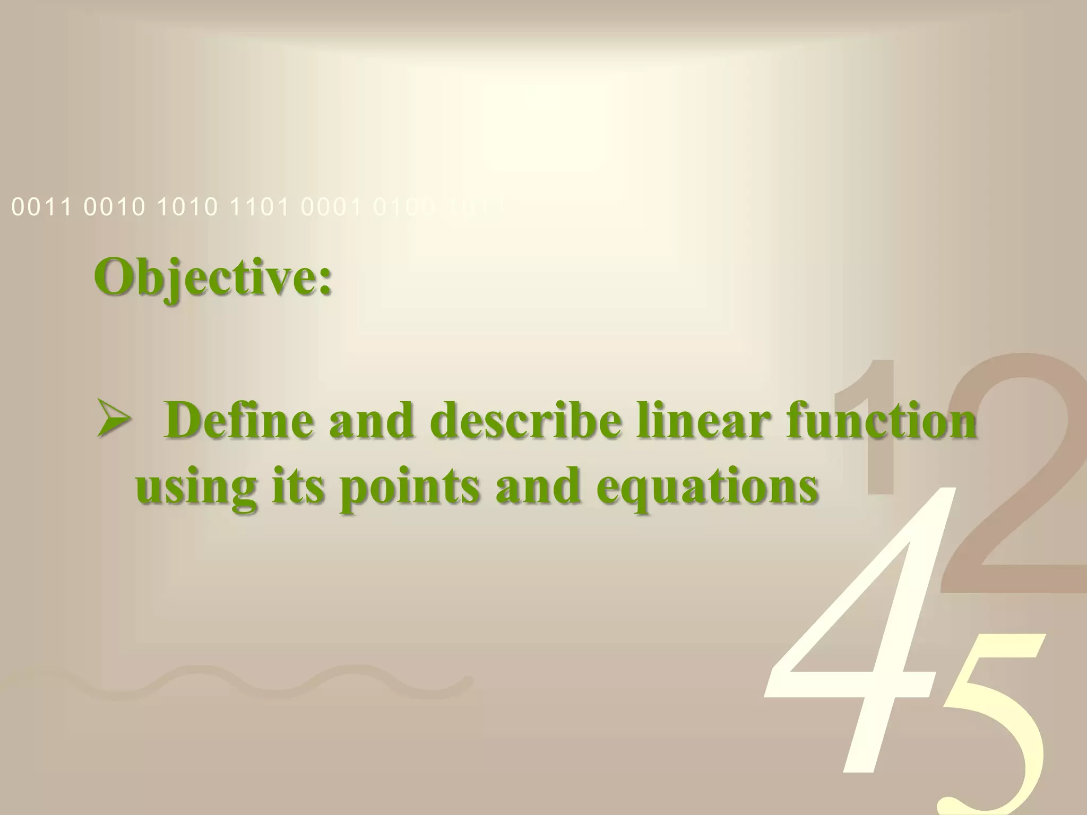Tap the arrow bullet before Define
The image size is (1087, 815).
[113, 427]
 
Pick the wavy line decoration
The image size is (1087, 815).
[239, 684]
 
